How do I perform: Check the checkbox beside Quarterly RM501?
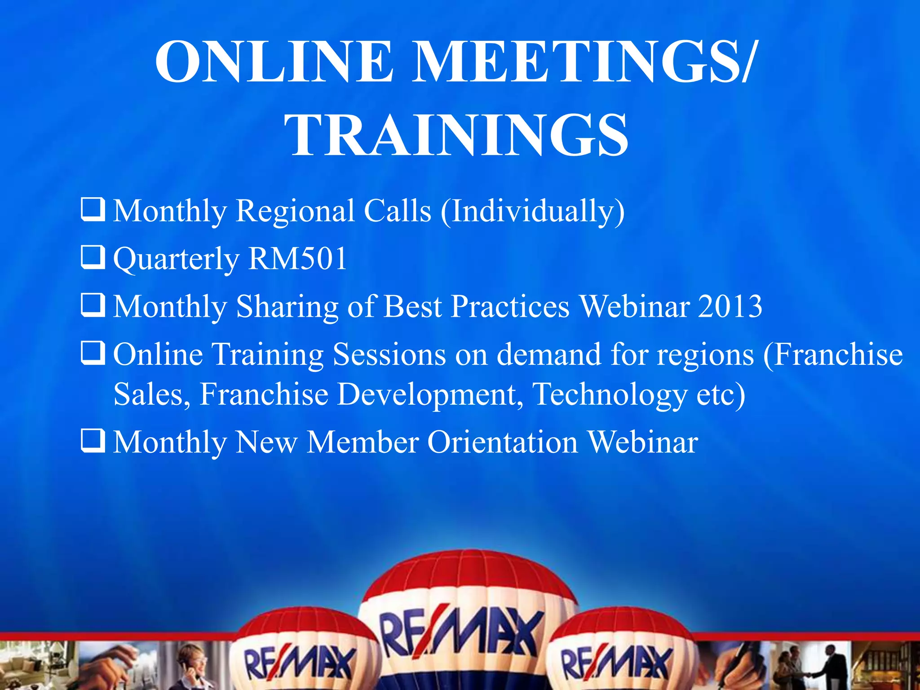coord(93,257)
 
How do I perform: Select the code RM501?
coord(297,259)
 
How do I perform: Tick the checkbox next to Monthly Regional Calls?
coord(93,209)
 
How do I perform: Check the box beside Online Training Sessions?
coord(93,353)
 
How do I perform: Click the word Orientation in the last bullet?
coord(502,442)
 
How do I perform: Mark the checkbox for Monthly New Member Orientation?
coord(93,440)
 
